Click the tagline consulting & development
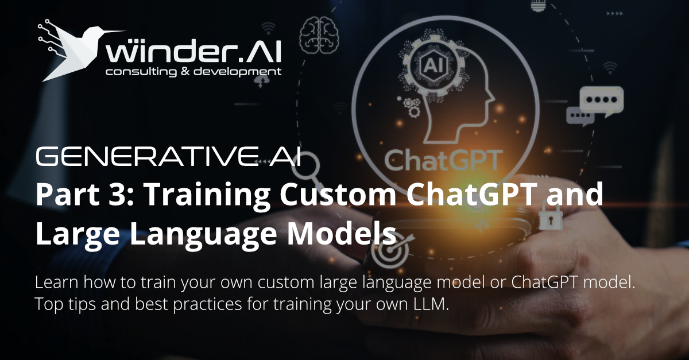pos(193,72)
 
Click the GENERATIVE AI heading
pos(168,157)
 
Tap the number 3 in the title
pos(118,195)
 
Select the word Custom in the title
pos(338,195)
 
